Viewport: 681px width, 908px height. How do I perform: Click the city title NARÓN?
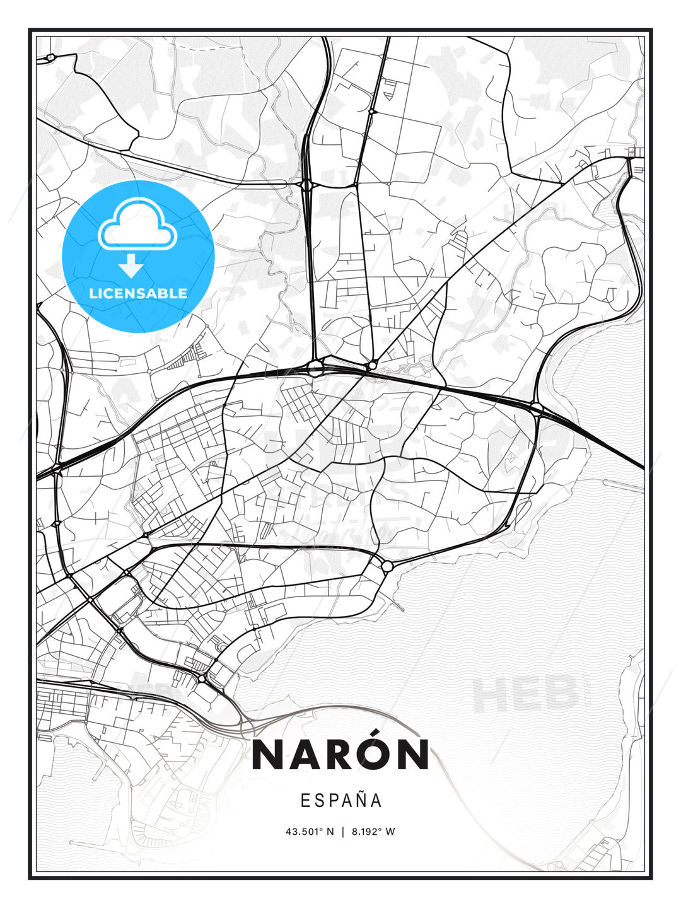(340, 754)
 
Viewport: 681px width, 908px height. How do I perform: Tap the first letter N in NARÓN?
(266, 755)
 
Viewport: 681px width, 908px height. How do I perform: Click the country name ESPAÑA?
(341, 800)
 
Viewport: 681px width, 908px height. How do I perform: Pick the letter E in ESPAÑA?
(305, 801)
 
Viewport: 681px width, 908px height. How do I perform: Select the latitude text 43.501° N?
(309, 832)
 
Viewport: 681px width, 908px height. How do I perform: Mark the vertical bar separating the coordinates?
(342, 832)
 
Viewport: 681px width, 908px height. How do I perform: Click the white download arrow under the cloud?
(131, 265)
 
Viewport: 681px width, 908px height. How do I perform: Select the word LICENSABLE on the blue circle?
(138, 293)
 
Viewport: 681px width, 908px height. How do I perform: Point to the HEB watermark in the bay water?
(526, 692)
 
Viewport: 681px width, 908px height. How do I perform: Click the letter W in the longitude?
(391, 832)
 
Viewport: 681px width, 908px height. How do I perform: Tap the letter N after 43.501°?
(330, 832)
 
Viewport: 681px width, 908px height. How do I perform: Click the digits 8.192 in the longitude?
(368, 832)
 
